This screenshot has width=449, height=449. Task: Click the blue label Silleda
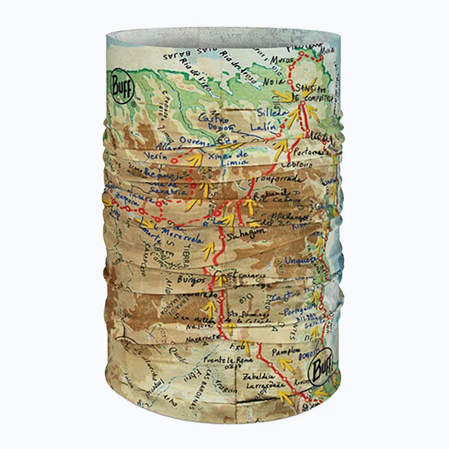268,112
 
